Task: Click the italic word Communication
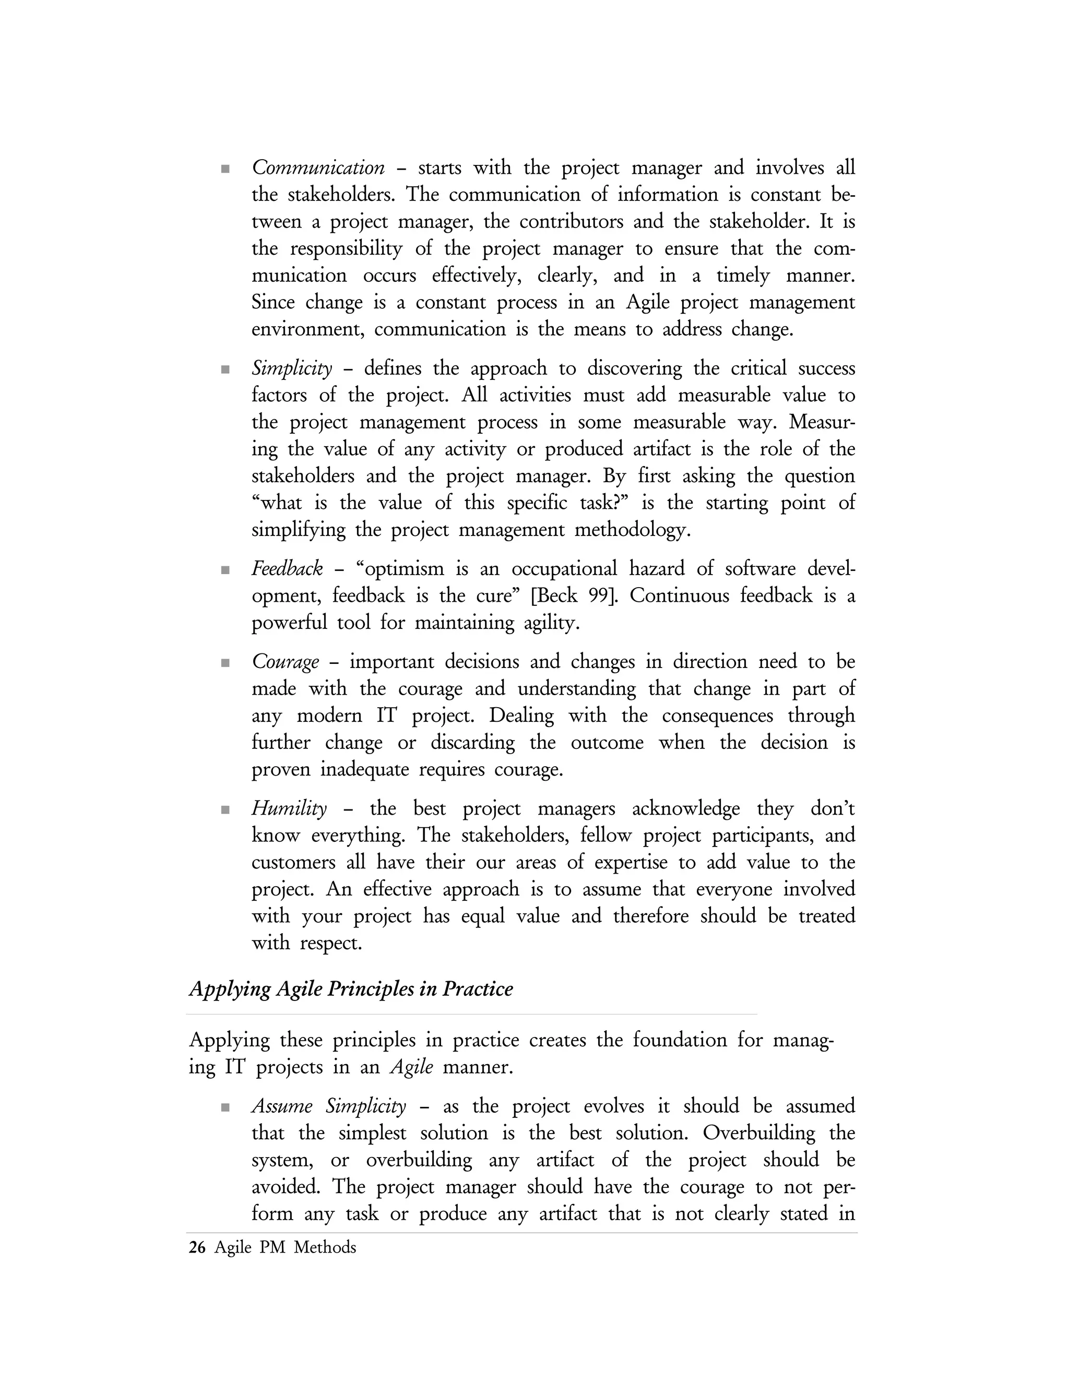318,168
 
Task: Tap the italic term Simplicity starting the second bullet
292,368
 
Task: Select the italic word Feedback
287,569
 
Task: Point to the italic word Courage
285,662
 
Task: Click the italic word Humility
289,808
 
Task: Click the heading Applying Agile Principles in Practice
351,988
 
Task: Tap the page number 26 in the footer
197,1247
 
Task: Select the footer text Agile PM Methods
285,1247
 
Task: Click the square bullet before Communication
225,169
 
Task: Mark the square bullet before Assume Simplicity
225,1107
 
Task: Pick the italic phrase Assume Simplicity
329,1106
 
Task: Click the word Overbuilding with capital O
758,1133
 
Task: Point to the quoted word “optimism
400,569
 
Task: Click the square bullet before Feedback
225,570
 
